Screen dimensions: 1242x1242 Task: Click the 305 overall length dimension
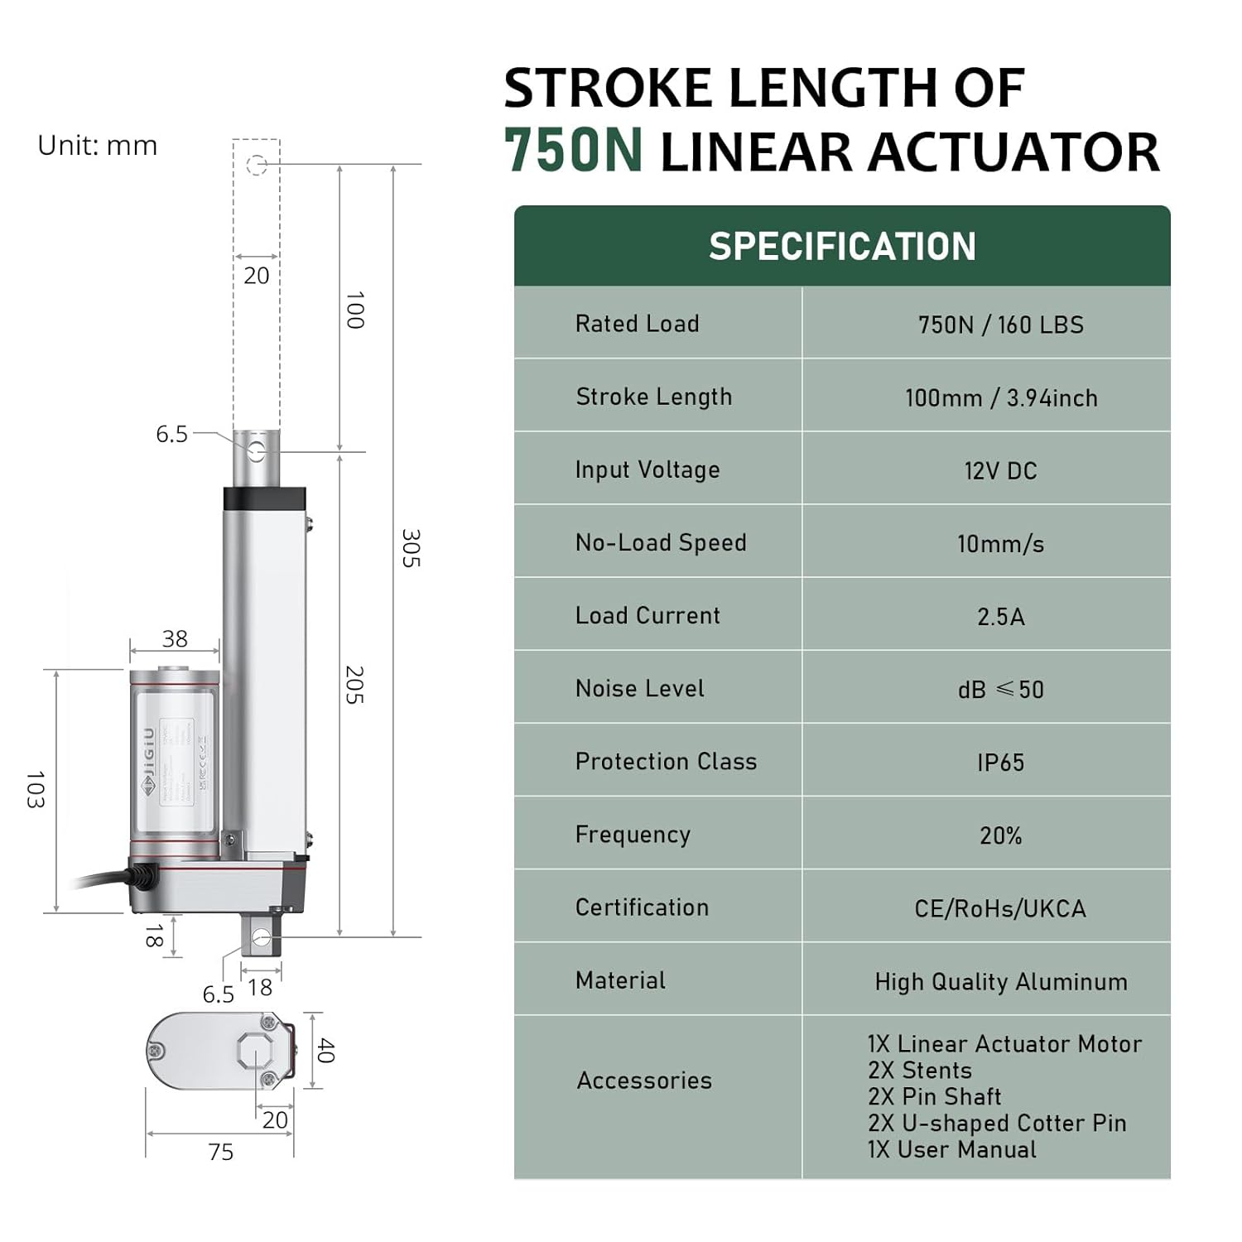click(x=411, y=548)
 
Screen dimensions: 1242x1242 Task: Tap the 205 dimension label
click(x=354, y=685)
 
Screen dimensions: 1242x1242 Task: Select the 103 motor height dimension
click(x=34, y=789)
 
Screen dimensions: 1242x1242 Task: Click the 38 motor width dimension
click(x=175, y=638)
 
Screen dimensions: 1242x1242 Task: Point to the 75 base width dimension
click(x=221, y=1152)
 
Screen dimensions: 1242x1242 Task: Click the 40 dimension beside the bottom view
click(x=325, y=1051)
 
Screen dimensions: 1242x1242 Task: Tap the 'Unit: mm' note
click(x=98, y=146)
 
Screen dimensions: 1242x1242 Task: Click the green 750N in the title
click(x=573, y=152)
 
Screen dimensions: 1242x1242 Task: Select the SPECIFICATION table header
click(x=842, y=247)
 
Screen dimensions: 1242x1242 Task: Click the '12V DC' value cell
click(x=1000, y=471)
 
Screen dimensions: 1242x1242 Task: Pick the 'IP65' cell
click(x=1000, y=763)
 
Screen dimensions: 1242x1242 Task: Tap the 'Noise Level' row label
click(x=639, y=689)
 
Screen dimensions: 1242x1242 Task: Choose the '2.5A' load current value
click(x=1000, y=617)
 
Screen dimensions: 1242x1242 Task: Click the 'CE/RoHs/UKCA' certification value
click(x=1000, y=908)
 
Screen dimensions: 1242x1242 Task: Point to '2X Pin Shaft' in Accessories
click(x=934, y=1096)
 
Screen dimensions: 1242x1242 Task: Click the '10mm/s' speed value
click(x=1000, y=544)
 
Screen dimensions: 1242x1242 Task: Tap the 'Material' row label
click(x=620, y=980)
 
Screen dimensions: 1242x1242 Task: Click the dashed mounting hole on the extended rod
click(x=257, y=165)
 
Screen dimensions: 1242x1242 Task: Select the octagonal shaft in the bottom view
click(x=256, y=1051)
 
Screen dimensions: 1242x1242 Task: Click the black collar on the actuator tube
click(x=265, y=498)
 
